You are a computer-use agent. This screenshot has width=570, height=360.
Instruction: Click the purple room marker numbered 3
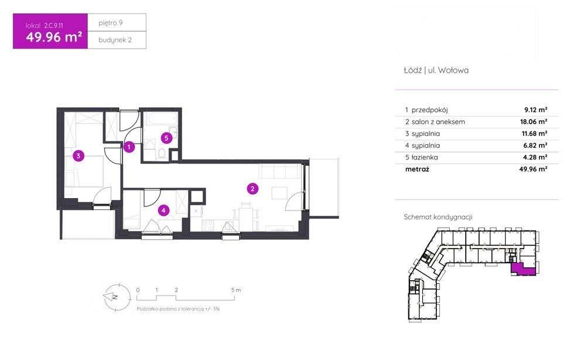[78, 156]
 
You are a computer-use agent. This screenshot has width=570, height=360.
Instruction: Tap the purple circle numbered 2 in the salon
[252, 189]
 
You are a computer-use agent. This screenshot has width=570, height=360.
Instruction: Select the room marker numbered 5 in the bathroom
[166, 138]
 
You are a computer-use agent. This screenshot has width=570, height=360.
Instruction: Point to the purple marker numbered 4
[163, 210]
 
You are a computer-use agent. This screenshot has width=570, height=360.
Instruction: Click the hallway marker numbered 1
[129, 147]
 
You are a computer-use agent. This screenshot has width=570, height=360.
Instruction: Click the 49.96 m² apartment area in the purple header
[54, 37]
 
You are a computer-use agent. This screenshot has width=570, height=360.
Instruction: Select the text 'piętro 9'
[111, 23]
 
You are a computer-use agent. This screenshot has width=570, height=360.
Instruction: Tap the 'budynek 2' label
[115, 40]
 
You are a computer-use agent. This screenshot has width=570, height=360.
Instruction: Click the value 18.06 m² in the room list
[534, 121]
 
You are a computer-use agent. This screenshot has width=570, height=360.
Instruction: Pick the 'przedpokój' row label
[429, 110]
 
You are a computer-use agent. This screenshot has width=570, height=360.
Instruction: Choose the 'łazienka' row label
[424, 157]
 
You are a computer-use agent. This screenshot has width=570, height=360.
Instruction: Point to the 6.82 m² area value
[535, 145]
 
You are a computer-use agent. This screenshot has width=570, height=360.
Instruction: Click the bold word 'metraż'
[417, 169]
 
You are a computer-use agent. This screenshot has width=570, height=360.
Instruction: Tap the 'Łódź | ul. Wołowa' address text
[436, 70]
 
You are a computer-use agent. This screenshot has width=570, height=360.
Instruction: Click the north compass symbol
[117, 297]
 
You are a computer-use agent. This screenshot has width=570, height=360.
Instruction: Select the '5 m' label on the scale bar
[236, 290]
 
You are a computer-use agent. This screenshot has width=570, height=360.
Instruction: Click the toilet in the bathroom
[162, 153]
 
